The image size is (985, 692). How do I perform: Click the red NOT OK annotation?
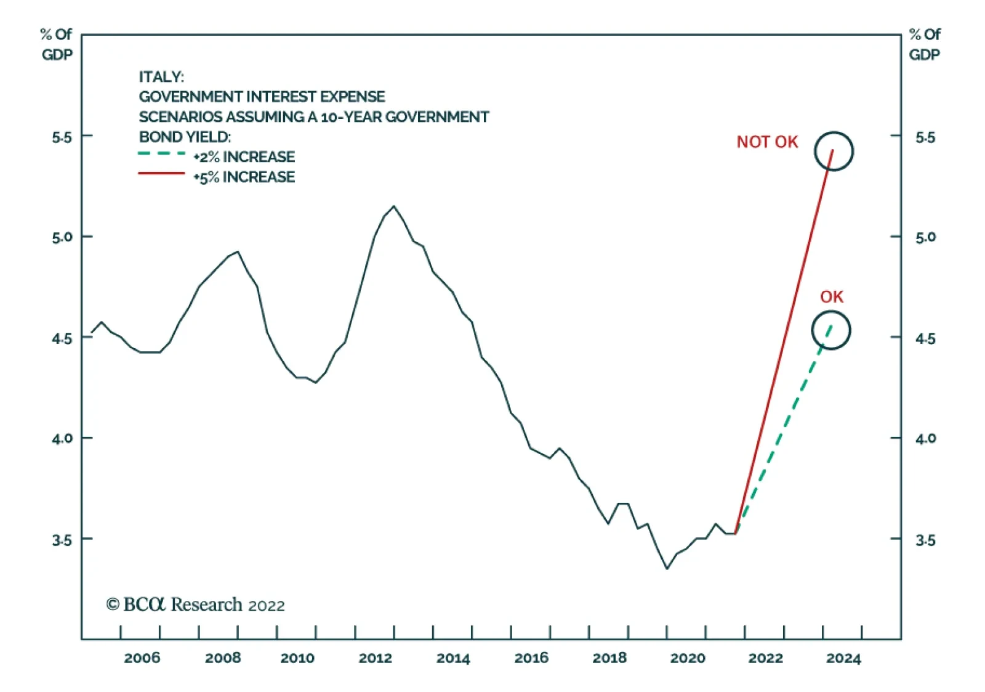click(x=766, y=142)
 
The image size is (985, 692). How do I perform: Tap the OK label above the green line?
click(x=831, y=297)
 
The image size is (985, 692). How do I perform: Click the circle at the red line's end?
click(x=834, y=151)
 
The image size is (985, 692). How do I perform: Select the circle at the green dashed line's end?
click(x=831, y=330)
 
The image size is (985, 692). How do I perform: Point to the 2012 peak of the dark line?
click(x=394, y=206)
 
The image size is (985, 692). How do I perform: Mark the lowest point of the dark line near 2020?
click(x=667, y=568)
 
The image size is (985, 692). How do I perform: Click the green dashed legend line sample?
click(x=161, y=154)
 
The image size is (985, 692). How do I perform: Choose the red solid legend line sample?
click(x=161, y=174)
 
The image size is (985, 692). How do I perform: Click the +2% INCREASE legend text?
click(x=244, y=157)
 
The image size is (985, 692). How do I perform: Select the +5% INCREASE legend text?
click(x=244, y=177)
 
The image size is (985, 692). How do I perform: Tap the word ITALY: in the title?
click(x=161, y=77)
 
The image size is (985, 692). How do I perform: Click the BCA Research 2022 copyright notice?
click(x=196, y=604)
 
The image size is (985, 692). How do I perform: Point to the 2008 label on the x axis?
click(x=223, y=658)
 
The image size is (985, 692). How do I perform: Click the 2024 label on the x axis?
click(x=843, y=658)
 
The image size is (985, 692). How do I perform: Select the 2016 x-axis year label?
click(x=531, y=658)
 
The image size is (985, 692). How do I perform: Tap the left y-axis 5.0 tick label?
click(x=62, y=237)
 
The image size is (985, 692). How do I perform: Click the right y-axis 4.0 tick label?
click(x=925, y=439)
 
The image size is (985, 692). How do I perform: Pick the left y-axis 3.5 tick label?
click(x=62, y=540)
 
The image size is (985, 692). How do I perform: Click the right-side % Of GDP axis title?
click(x=925, y=44)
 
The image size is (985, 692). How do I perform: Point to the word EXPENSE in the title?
click(x=356, y=97)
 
